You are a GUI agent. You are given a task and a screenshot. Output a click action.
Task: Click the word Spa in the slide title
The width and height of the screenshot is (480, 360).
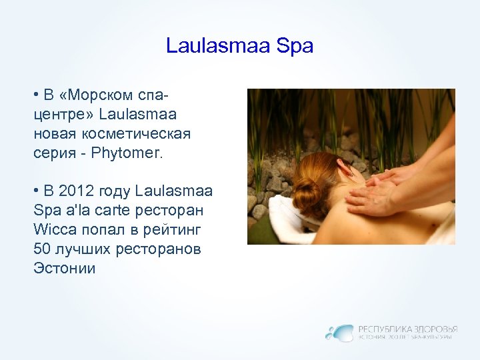point(295,47)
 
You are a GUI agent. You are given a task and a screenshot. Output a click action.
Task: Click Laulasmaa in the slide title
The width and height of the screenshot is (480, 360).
point(219,47)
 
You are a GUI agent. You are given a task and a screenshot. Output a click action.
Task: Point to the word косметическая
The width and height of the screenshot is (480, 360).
point(134,134)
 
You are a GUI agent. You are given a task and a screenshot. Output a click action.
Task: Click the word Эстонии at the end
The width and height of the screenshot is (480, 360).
point(65,269)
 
